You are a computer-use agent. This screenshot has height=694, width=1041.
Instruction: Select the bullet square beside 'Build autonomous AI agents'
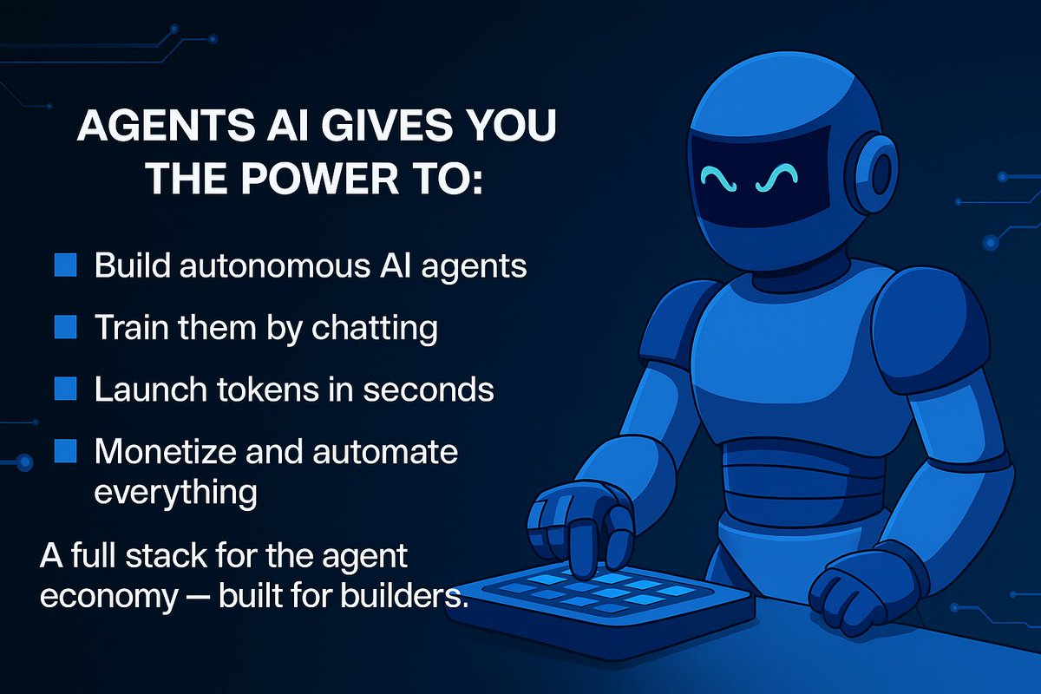pyautogui.click(x=66, y=265)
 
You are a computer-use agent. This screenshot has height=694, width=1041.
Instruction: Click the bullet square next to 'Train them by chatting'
pyautogui.click(x=66, y=327)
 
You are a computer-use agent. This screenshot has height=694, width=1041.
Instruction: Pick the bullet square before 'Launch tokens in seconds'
pyautogui.click(x=66, y=389)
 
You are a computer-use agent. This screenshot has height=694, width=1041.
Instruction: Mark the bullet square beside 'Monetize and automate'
pyautogui.click(x=66, y=451)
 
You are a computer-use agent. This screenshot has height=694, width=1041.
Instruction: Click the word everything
pyautogui.click(x=174, y=492)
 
